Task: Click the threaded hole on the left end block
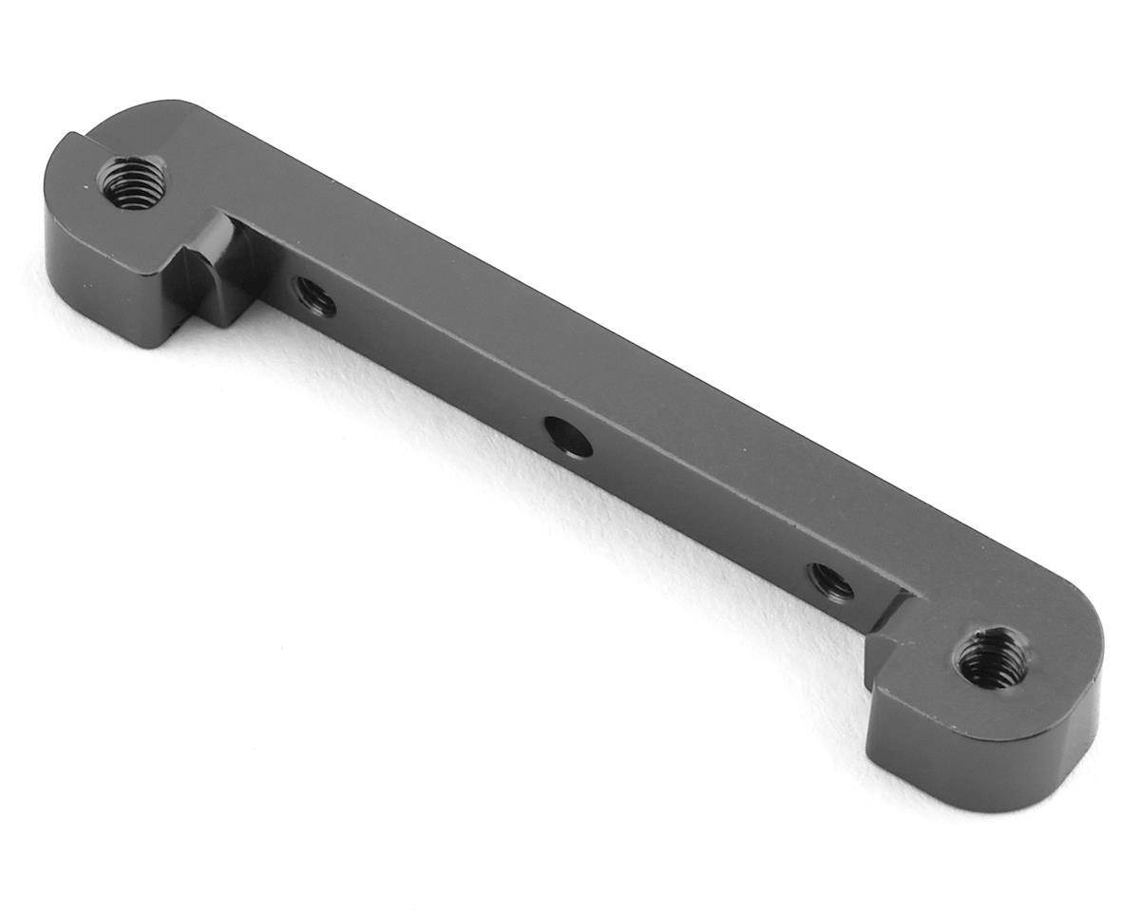(133, 183)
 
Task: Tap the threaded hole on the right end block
(992, 657)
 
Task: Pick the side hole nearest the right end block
(830, 581)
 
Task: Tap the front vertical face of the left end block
(104, 275)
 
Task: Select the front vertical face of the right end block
(978, 750)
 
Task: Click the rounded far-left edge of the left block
(52, 190)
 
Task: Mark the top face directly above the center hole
(608, 380)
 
